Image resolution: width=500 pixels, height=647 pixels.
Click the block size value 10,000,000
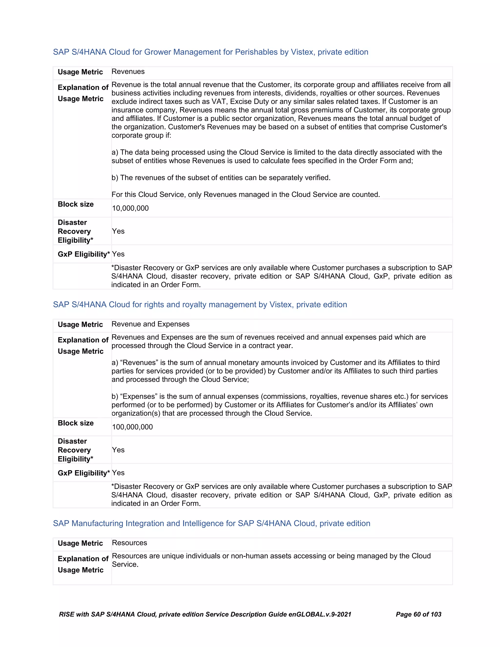click(130, 208)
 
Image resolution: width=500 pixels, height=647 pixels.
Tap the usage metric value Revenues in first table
click(128, 72)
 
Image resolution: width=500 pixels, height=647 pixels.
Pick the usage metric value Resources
click(129, 543)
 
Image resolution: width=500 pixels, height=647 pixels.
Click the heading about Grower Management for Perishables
click(210, 52)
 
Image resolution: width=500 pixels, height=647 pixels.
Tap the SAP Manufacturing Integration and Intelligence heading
click(211, 523)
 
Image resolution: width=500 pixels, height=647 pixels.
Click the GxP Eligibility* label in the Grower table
click(83, 254)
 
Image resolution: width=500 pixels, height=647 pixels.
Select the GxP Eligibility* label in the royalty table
click(83, 473)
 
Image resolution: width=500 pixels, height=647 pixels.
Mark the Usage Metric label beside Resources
click(80, 543)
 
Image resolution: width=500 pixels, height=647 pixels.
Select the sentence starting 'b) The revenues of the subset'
click(221, 178)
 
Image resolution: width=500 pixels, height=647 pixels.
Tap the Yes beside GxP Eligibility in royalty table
click(118, 473)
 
